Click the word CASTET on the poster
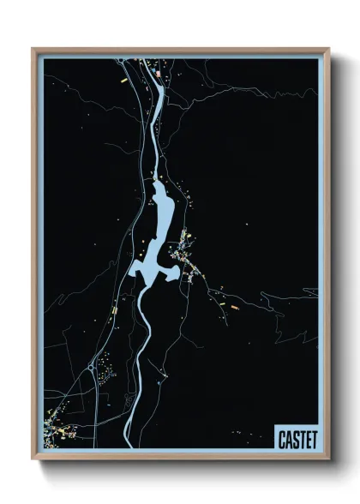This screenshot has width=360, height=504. pyautogui.click(x=297, y=439)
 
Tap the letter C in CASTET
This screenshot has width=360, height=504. pyautogui.click(x=283, y=439)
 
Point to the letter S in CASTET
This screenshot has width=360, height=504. pyautogui.click(x=297, y=439)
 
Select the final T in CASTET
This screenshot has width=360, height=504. pyautogui.click(x=313, y=439)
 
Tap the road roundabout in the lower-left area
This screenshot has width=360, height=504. pyautogui.click(x=92, y=368)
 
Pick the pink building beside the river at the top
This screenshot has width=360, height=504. pyautogui.click(x=159, y=75)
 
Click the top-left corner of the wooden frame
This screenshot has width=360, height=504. pyautogui.click(x=33, y=49)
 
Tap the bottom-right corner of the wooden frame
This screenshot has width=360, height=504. pyautogui.click(x=328, y=459)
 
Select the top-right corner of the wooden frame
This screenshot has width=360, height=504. pyautogui.click(x=328, y=49)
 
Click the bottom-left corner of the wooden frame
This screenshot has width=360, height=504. pyautogui.click(x=33, y=459)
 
